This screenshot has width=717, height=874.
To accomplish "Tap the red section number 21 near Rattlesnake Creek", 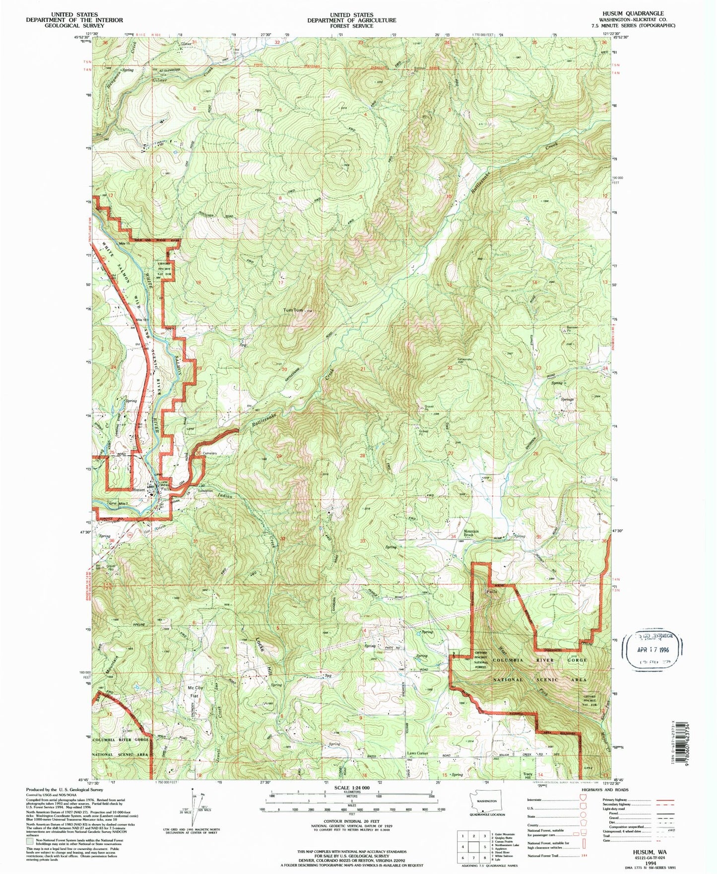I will pyautogui.click(x=363, y=369).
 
